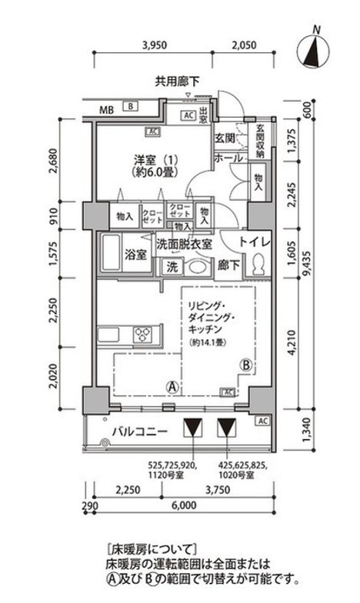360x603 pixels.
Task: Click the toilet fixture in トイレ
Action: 258,265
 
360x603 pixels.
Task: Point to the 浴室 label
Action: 136,255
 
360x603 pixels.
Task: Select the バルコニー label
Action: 138,432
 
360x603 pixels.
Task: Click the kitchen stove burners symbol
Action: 145,333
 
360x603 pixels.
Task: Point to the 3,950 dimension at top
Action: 155,45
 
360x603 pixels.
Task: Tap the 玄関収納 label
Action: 260,141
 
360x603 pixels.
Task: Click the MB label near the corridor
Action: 112,108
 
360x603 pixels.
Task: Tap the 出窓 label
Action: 203,116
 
